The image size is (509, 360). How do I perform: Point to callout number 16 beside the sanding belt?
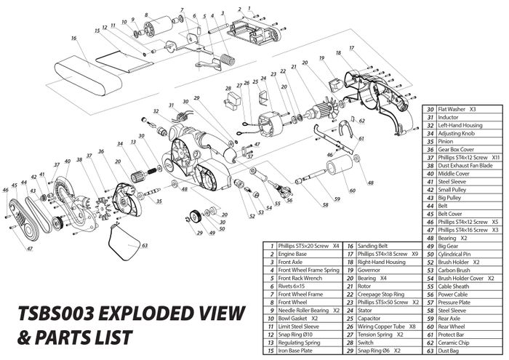(x=73, y=36)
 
